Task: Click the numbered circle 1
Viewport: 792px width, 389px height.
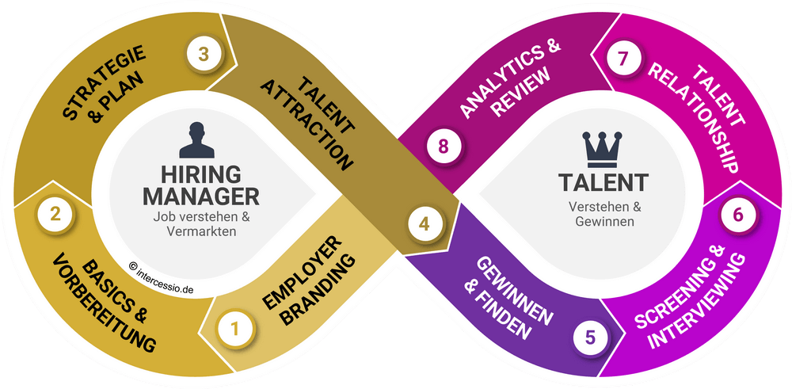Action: coord(234,330)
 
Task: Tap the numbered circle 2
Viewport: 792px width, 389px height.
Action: coord(55,214)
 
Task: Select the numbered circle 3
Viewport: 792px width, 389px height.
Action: coord(204,54)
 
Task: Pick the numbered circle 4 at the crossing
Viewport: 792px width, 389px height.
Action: coord(425,223)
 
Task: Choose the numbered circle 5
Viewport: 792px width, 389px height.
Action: coord(591,337)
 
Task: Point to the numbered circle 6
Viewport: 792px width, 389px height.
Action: coord(738,215)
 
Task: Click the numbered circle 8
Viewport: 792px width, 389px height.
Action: coord(444,147)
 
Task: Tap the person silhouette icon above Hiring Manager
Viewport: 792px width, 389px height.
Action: coord(196,140)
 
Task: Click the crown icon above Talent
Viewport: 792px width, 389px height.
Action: coord(602,150)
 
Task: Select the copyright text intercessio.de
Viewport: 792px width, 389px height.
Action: coord(162,279)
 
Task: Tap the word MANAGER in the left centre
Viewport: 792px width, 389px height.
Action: coord(201,196)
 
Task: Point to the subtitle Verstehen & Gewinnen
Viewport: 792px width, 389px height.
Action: coord(602,214)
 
